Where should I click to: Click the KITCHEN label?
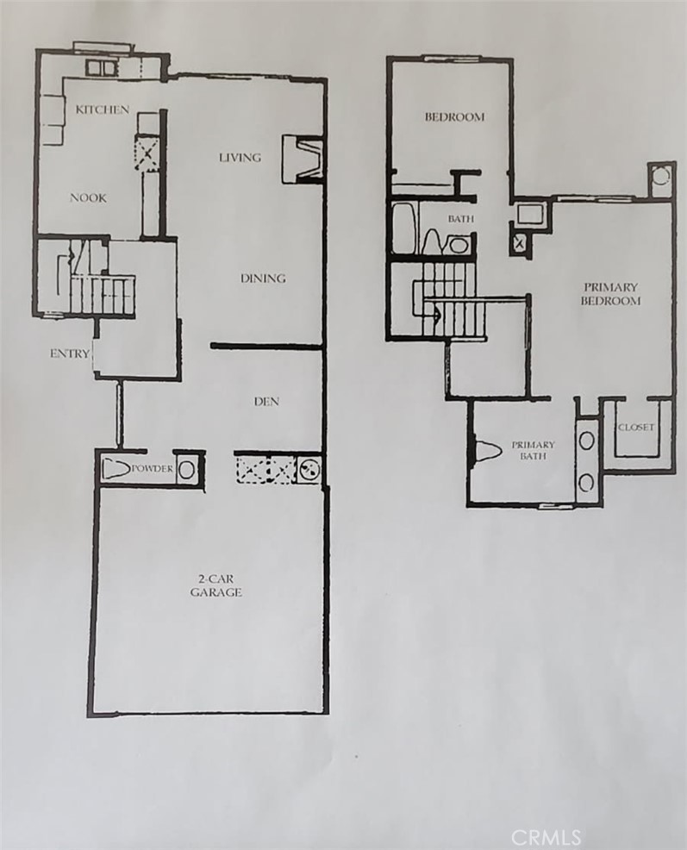click(x=103, y=109)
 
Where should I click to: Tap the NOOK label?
click(x=88, y=197)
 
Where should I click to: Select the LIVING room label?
click(x=240, y=157)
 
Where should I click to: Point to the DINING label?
click(x=263, y=278)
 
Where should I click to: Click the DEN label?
click(x=266, y=401)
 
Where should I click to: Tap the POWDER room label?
click(x=153, y=469)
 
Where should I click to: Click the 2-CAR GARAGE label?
click(x=215, y=586)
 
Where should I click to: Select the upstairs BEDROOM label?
click(x=454, y=117)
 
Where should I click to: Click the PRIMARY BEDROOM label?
click(x=611, y=294)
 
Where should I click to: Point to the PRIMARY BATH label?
click(x=533, y=450)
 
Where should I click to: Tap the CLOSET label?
click(x=636, y=428)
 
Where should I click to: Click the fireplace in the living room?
click(x=303, y=159)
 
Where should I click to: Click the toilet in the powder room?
click(x=115, y=470)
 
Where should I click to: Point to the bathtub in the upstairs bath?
click(x=403, y=228)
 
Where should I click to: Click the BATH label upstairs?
click(x=460, y=219)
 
